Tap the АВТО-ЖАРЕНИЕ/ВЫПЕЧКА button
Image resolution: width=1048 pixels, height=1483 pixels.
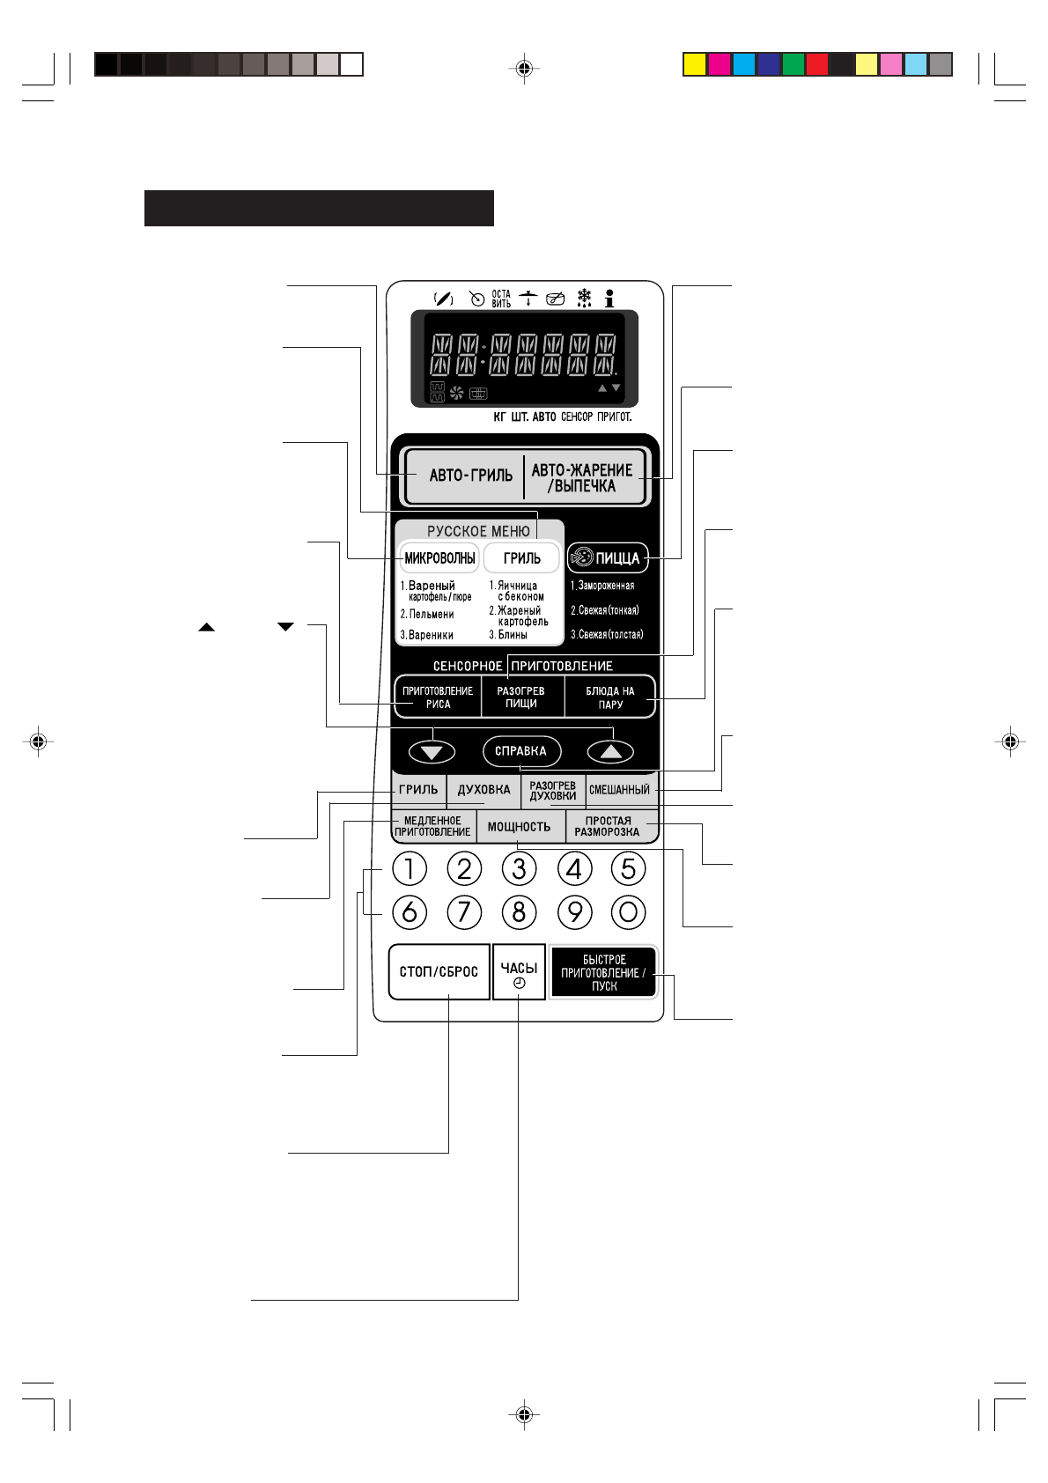[x=583, y=478]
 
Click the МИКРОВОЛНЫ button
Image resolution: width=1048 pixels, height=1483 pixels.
[x=439, y=558]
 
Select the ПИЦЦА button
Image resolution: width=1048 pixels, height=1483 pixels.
[x=608, y=558]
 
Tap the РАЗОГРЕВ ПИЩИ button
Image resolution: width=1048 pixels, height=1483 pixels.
[x=521, y=697]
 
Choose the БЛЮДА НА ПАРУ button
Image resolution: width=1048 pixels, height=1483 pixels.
[x=610, y=697]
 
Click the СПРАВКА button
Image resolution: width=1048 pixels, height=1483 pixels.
[x=521, y=751]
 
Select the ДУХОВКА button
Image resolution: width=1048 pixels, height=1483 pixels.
[x=483, y=790]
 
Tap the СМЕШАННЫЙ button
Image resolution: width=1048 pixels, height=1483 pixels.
[x=620, y=790]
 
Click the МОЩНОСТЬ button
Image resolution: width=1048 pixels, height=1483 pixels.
[x=520, y=827]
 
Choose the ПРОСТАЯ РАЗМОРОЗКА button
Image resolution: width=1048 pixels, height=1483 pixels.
[x=608, y=827]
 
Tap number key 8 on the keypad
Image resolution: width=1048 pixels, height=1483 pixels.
[x=520, y=911]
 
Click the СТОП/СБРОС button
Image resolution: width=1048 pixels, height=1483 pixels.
[x=439, y=972]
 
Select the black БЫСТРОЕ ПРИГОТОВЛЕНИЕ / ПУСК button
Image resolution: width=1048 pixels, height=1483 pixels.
[x=604, y=973]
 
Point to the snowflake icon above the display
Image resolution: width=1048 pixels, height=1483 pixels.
[x=584, y=298]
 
